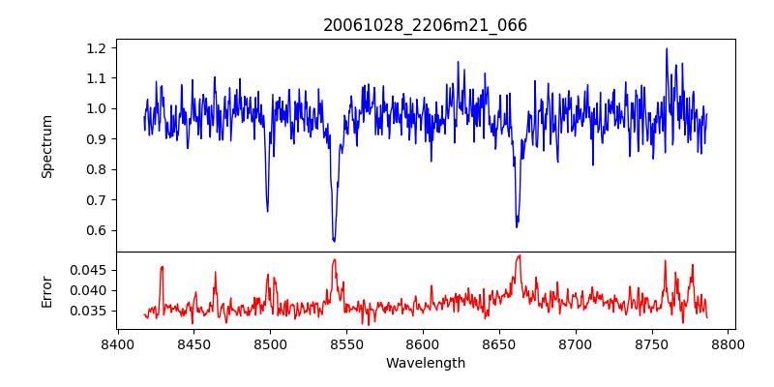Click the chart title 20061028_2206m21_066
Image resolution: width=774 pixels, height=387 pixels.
tap(425, 25)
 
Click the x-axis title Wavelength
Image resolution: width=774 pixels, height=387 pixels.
tap(425, 363)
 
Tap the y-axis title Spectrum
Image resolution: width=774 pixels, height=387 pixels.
tap(46, 145)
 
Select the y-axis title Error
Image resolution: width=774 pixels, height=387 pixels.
tap(46, 290)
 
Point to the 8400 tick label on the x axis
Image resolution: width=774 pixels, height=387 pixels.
tap(117, 344)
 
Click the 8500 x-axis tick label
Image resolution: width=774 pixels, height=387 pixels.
tap(270, 344)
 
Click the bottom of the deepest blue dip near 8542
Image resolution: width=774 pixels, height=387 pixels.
tap(334, 241)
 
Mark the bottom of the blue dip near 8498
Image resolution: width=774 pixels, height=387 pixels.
tap(267, 211)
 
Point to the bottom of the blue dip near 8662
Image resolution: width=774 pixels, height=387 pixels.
tap(517, 226)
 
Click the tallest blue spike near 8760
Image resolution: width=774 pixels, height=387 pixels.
tap(667, 48)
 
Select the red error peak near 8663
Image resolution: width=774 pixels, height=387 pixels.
tap(519, 255)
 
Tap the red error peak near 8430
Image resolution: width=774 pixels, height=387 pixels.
tap(163, 266)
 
